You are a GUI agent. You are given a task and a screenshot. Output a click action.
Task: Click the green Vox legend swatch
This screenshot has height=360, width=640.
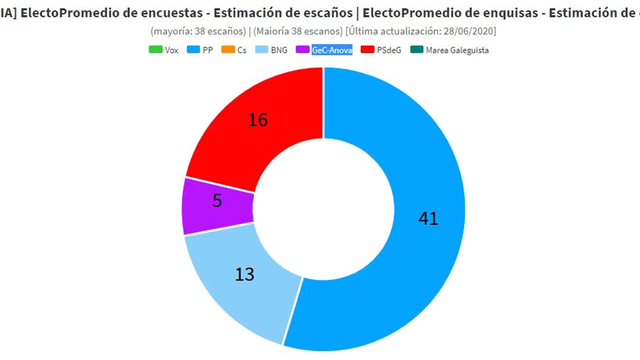pyautogui.click(x=156, y=50)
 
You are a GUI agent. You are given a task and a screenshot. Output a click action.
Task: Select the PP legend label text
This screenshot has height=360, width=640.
pyautogui.click(x=207, y=50)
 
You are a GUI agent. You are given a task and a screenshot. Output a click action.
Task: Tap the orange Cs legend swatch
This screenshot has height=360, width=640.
pyautogui.click(x=228, y=50)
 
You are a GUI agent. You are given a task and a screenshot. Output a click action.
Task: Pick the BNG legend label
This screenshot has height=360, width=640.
pyautogui.click(x=279, y=50)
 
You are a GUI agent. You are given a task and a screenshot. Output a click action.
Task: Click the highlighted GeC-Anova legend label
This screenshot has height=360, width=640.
pyautogui.click(x=332, y=50)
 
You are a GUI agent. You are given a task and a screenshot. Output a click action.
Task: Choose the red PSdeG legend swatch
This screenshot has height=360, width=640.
pyautogui.click(x=367, y=50)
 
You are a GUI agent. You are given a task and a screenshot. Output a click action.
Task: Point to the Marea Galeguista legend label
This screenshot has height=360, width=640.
pyautogui.click(x=457, y=50)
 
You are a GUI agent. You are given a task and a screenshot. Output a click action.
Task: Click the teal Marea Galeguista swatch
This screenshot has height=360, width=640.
pyautogui.click(x=417, y=50)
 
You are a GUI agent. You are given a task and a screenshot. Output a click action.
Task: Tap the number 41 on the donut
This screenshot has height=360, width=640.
pyautogui.click(x=428, y=219)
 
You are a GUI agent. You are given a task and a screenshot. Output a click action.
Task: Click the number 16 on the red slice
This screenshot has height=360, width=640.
pyautogui.click(x=258, y=120)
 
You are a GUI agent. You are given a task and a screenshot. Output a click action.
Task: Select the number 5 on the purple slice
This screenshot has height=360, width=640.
pyautogui.click(x=217, y=201)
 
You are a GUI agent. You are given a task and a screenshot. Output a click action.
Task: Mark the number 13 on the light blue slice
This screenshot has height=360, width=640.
pyautogui.click(x=245, y=274)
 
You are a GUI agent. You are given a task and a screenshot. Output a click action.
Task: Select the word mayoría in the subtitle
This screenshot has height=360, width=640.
pyautogui.click(x=169, y=31)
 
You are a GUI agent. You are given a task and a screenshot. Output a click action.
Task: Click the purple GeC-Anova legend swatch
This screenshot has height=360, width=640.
pyautogui.click(x=302, y=50)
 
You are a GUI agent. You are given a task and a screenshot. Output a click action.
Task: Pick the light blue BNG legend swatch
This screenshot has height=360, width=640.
pyautogui.click(x=262, y=50)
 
